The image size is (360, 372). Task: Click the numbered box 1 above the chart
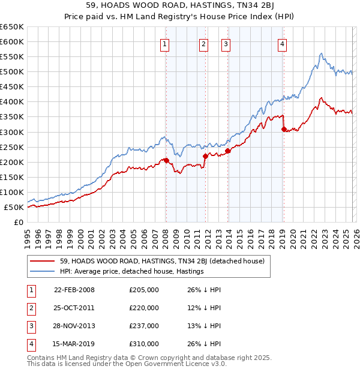(164, 44)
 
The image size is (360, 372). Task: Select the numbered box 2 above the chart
(203, 44)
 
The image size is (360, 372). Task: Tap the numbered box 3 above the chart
(226, 44)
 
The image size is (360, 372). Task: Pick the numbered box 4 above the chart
(282, 44)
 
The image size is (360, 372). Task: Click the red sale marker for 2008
(166, 160)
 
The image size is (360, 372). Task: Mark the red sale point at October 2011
(205, 156)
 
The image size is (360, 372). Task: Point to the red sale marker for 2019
(283, 128)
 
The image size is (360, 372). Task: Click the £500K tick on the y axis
(12, 72)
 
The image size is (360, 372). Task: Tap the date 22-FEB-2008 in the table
(74, 290)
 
